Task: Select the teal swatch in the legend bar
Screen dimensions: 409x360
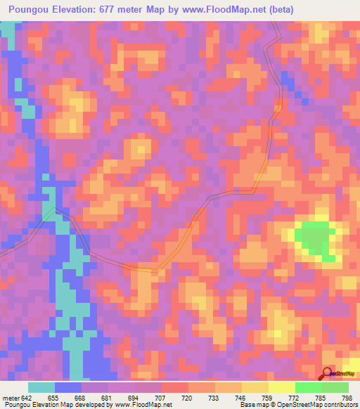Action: (x=41, y=387)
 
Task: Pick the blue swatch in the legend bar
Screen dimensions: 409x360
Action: (x=68, y=387)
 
